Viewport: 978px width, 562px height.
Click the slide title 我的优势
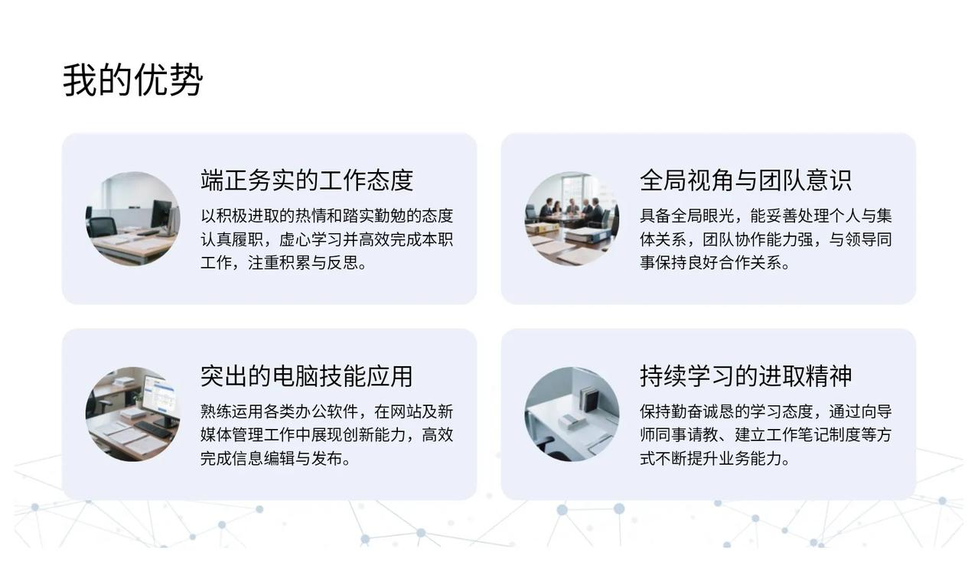point(132,80)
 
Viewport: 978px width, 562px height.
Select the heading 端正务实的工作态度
point(307,180)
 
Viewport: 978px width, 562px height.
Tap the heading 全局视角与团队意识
point(745,180)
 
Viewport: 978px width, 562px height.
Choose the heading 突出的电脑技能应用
point(307,376)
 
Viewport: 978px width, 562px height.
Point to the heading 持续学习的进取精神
point(745,376)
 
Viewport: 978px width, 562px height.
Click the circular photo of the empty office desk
point(133,219)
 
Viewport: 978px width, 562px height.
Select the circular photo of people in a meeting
point(572,219)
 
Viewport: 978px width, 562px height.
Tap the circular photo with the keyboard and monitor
point(133,414)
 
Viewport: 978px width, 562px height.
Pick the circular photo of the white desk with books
point(572,414)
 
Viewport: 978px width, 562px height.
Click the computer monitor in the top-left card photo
point(161,215)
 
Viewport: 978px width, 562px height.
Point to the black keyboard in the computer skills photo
point(153,430)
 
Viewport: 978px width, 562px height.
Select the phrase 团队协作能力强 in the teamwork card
point(758,239)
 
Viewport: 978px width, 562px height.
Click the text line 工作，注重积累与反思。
point(284,263)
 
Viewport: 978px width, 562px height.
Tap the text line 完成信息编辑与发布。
point(276,458)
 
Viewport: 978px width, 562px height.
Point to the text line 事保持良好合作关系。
point(716,263)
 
